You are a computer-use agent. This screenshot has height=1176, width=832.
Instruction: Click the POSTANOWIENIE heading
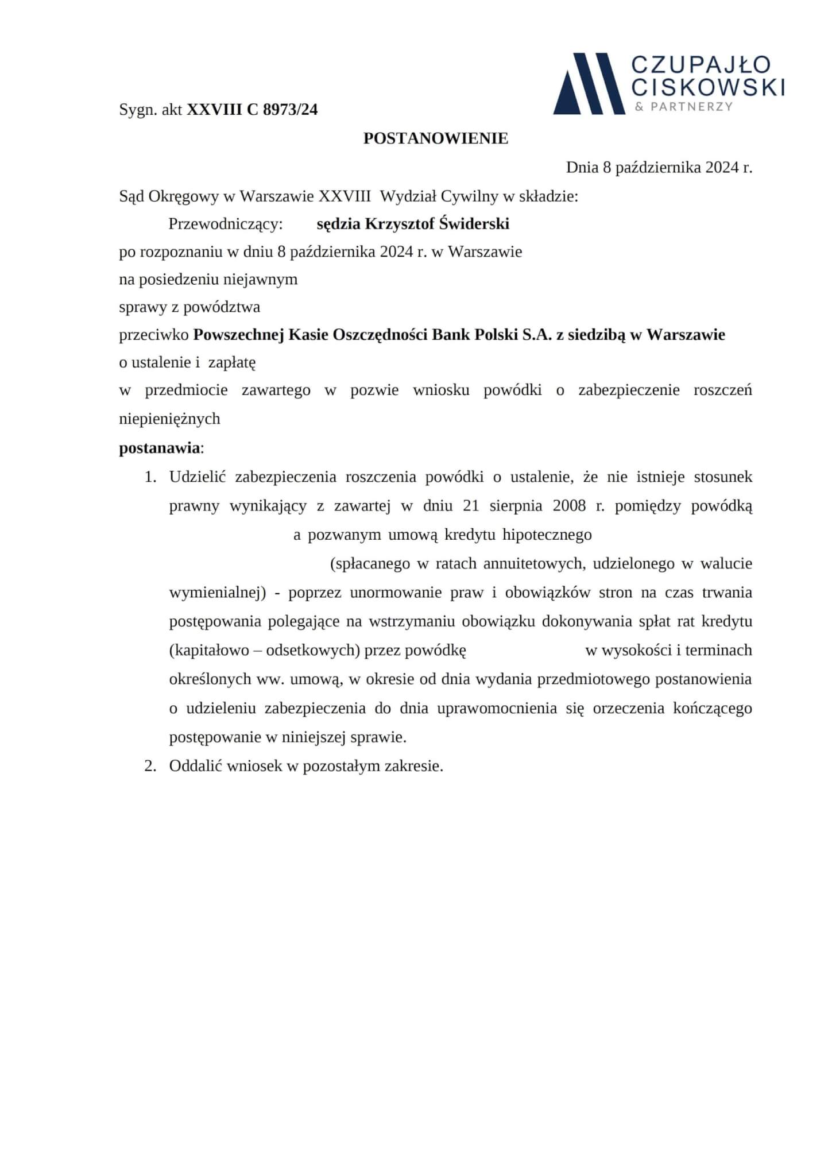tap(435, 138)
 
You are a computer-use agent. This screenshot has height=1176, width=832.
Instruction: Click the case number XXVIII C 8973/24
tap(252, 109)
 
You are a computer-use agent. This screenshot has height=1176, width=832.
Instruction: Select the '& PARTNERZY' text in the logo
tap(684, 106)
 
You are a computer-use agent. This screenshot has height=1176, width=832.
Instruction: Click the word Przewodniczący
tap(226, 224)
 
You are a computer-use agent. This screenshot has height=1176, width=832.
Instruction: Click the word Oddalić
tap(194, 766)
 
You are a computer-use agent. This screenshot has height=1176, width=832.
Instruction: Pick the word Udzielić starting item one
tap(198, 477)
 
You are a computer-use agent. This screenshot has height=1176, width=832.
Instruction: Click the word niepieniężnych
tap(169, 419)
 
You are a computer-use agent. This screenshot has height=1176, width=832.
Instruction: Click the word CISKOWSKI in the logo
tap(707, 87)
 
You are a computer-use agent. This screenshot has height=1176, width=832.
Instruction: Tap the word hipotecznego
tap(547, 535)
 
